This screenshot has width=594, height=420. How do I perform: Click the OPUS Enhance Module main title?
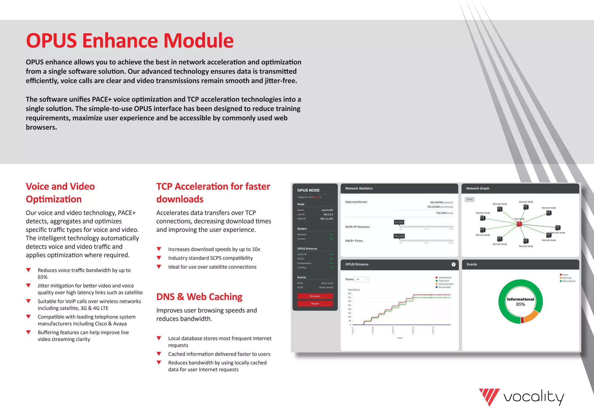[x=130, y=40]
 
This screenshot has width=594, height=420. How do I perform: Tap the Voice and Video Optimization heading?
[x=60, y=193]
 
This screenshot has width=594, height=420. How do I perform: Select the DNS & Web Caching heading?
[x=199, y=297]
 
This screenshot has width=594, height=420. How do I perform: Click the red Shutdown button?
[x=315, y=296]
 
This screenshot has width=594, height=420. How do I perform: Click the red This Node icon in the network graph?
[x=519, y=224]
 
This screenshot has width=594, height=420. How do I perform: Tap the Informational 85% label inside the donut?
[x=520, y=302]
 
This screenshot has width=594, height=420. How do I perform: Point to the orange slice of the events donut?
[x=531, y=316]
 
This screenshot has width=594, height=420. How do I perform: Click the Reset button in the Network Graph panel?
[x=469, y=199]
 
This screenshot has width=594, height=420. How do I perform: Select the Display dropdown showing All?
[x=362, y=279]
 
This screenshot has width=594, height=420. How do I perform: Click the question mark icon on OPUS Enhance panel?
[x=453, y=264]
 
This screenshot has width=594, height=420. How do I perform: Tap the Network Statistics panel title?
[x=359, y=189]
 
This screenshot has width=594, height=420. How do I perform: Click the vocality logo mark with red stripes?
[x=489, y=397]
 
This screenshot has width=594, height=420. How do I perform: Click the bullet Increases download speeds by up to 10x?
[x=214, y=249]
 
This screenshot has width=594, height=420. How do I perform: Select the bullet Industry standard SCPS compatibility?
[x=210, y=258]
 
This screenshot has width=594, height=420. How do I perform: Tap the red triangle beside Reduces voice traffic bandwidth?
[x=28, y=270]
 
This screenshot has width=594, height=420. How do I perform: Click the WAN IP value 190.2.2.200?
[x=326, y=219]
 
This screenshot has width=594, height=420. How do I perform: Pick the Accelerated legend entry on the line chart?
[x=444, y=287]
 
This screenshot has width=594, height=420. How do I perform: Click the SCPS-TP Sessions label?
[x=357, y=227]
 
